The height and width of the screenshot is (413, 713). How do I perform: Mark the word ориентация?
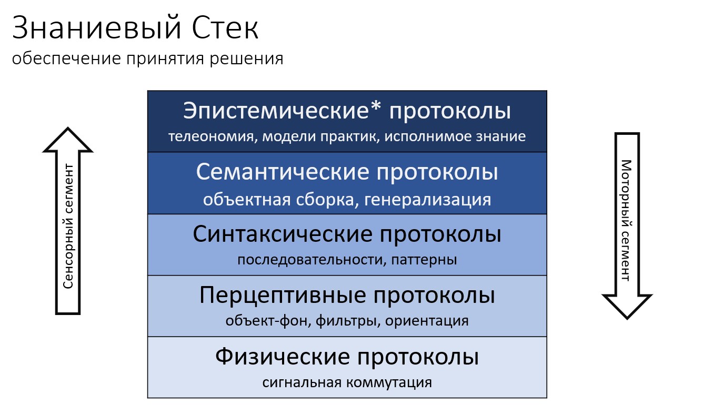[x=427, y=321]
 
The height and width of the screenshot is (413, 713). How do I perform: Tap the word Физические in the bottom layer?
[x=283, y=357]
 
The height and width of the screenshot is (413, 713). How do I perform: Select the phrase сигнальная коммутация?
[x=347, y=382]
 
